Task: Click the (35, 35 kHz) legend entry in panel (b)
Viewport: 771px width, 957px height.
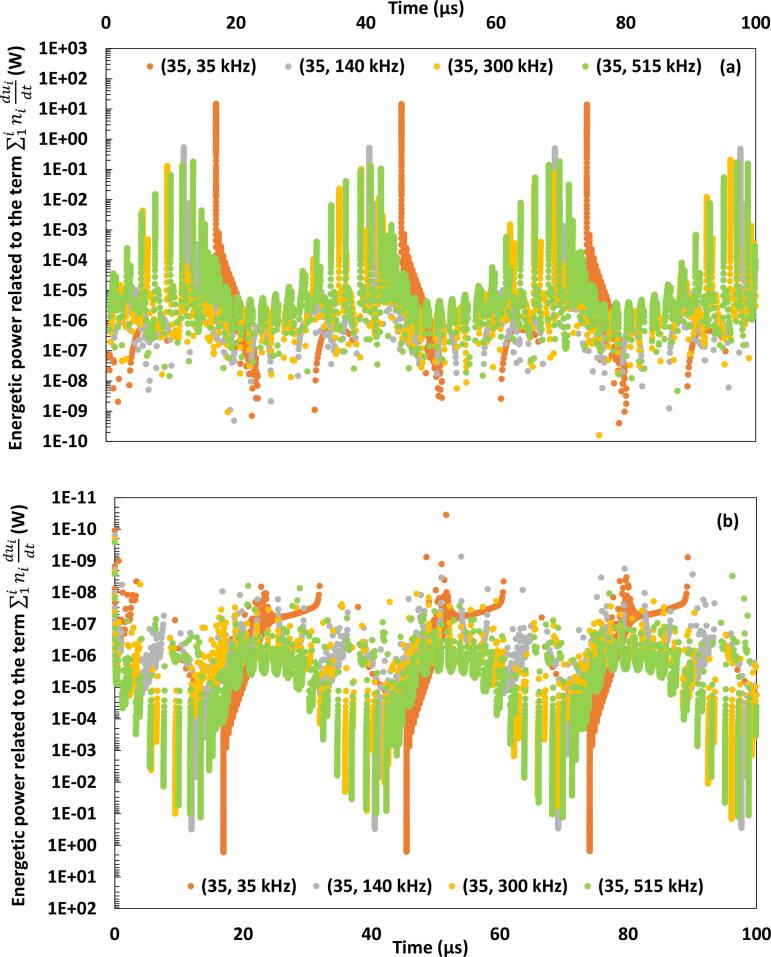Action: [x=241, y=885]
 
